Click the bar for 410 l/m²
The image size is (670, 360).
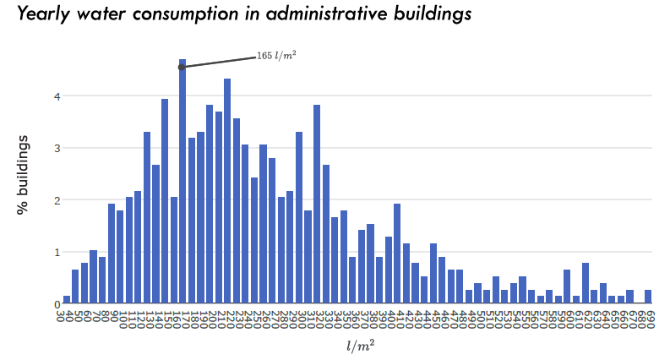(x=397, y=254)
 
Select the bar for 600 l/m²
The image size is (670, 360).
(x=567, y=287)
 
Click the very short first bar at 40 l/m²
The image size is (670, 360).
(x=67, y=300)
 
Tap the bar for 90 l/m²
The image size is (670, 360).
(x=112, y=254)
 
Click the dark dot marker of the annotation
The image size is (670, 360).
(x=182, y=67)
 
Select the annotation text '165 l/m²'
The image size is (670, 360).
(x=276, y=57)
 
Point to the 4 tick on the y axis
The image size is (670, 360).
(x=57, y=96)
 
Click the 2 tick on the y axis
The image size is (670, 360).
(x=57, y=200)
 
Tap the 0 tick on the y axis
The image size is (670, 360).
(x=57, y=304)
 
